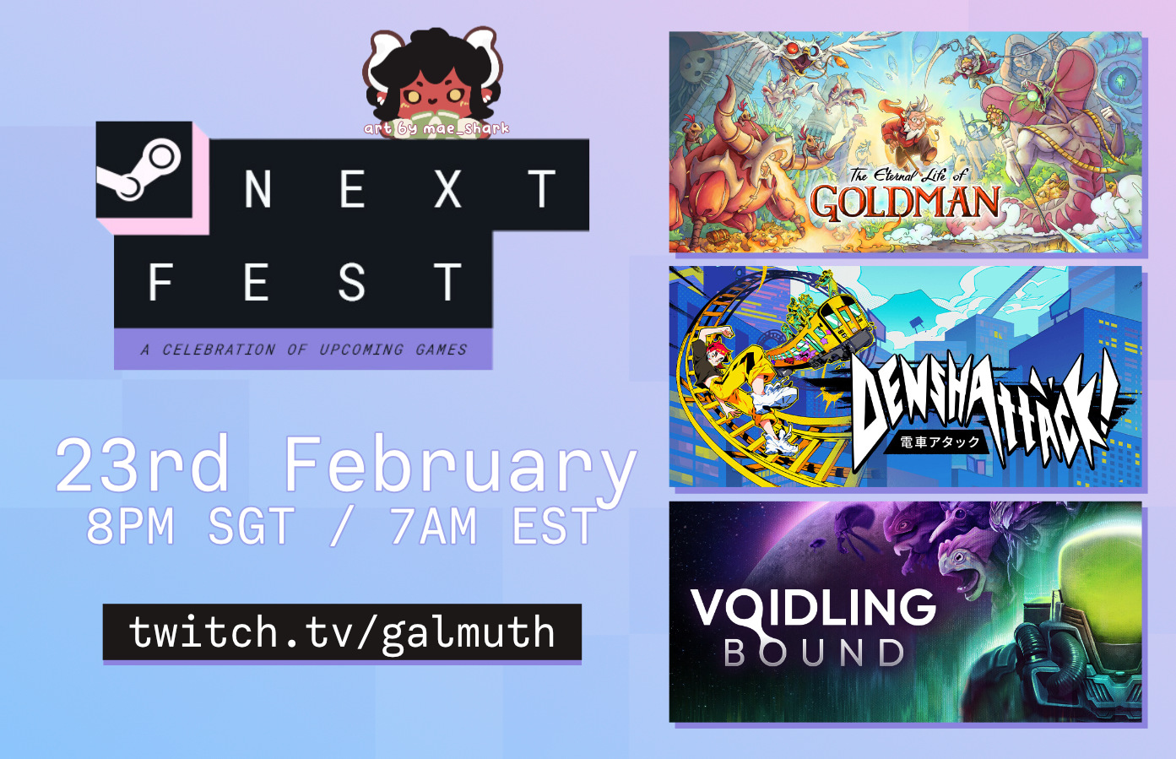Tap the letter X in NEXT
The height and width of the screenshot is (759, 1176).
click(447, 188)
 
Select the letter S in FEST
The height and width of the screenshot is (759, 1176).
click(351, 282)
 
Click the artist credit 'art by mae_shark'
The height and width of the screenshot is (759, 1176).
click(436, 128)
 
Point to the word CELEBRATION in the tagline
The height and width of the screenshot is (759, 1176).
click(219, 350)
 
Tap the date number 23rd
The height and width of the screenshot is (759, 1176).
click(143, 464)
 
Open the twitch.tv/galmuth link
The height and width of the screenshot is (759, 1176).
click(342, 632)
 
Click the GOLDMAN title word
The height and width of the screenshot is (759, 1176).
click(904, 202)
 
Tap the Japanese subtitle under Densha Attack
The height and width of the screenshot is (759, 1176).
click(940, 442)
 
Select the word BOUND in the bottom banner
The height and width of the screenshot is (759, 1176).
click(814, 653)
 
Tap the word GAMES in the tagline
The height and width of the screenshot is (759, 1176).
click(441, 350)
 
